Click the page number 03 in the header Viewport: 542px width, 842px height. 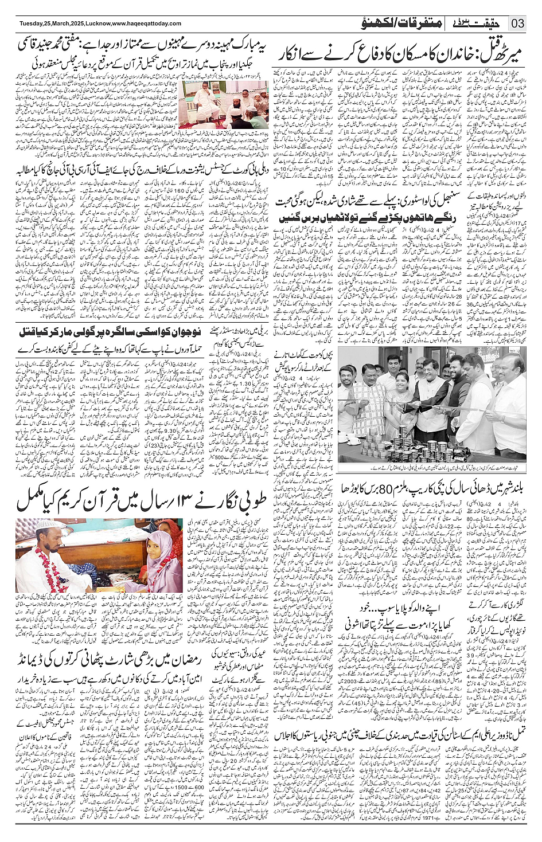[x=518, y=24]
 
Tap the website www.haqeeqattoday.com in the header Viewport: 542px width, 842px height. [x=147, y=24]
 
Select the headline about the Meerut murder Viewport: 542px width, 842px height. [x=401, y=56]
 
